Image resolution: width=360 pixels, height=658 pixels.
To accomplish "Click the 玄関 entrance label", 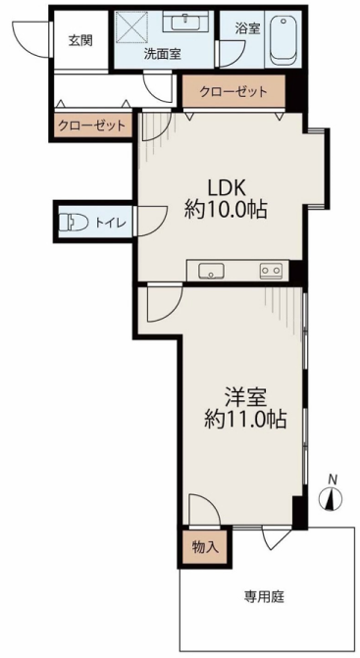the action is coord(80,41).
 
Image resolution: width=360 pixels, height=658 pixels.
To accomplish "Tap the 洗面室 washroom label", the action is coord(163,54).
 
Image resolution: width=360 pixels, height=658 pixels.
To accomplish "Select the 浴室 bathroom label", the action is coord(247,28).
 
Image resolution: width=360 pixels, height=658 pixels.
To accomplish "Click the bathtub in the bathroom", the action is coord(282,40).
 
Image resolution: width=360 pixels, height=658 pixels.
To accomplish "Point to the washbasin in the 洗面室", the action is coord(185,21).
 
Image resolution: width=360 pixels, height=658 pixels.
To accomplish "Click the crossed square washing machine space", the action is coord(132,26).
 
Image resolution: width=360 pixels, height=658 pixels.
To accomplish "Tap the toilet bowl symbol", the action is coord(73,222).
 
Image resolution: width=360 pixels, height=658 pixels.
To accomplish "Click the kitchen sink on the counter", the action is coord(212,271).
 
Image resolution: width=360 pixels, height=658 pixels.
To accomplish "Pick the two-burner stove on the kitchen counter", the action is coord(271,271).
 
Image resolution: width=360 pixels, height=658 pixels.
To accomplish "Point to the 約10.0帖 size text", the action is coord(226,210).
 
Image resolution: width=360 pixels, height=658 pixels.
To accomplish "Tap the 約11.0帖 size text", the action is coord(245,419).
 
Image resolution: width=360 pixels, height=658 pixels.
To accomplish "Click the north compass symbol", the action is coord(331,497).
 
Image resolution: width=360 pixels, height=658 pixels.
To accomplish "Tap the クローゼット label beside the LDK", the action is coord(233,91).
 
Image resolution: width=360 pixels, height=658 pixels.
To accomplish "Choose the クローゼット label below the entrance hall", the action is coord(92,126).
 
